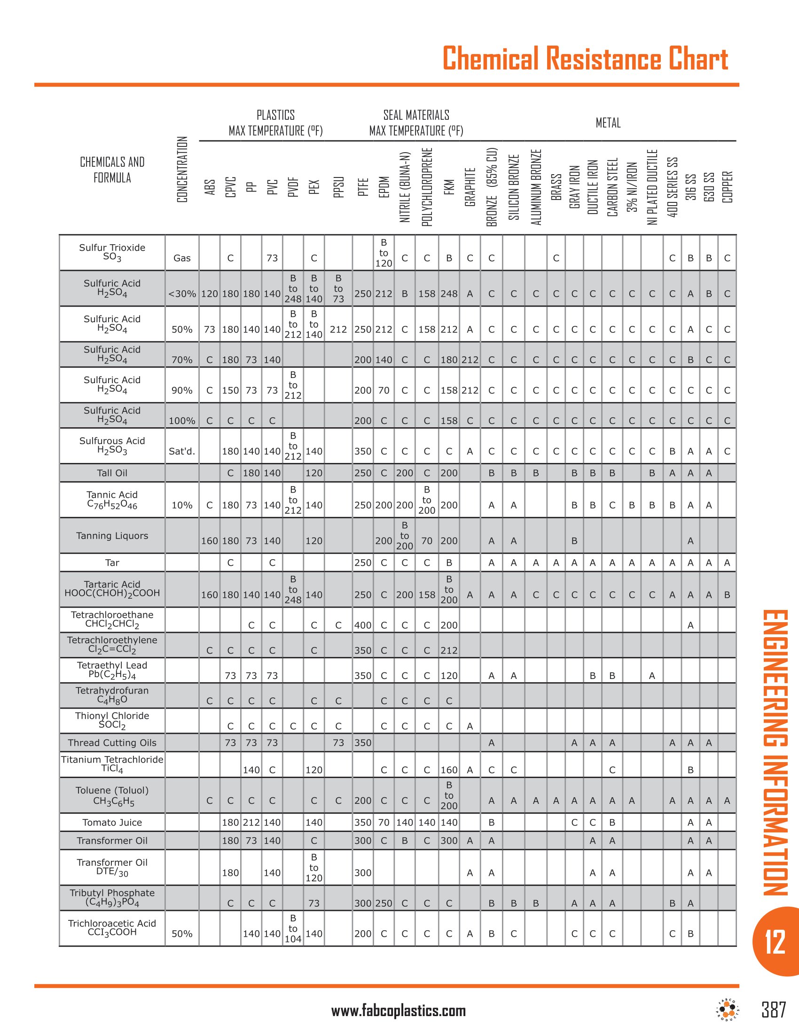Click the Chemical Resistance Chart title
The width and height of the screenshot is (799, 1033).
pos(585,59)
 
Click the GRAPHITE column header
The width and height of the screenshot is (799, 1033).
pos(470,187)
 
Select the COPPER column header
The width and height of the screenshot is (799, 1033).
pos(728,187)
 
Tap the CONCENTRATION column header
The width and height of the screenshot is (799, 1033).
pos(182,170)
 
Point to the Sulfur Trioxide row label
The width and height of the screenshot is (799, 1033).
pos(112,252)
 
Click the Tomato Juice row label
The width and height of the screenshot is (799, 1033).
pos(112,823)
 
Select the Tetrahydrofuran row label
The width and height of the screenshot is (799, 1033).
pos(112,695)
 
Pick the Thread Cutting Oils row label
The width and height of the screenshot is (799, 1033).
pos(112,743)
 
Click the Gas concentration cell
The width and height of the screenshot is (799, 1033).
pos(182,258)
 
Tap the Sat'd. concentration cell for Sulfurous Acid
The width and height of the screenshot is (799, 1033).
pos(182,452)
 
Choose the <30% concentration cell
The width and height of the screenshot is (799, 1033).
pos(182,294)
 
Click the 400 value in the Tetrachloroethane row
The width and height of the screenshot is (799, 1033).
pos(363,625)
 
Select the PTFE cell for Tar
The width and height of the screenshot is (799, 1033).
pos(363,563)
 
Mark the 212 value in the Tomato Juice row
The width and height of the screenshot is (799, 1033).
pos(251,823)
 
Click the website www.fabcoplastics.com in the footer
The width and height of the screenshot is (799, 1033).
pos(399,1011)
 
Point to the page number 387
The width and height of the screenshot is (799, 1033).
pos(774,1010)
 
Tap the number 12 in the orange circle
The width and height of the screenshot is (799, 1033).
pos(775,942)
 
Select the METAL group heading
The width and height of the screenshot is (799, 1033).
pos(608,123)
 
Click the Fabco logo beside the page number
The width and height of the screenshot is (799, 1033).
pos(728,1011)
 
